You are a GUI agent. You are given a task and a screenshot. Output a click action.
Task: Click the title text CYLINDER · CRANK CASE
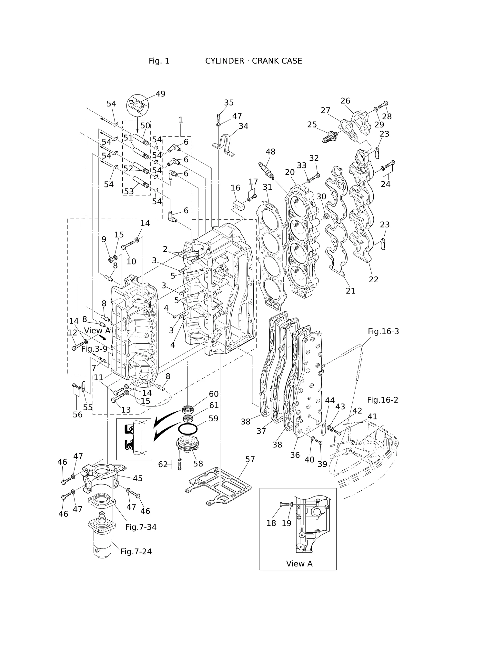tap(254, 61)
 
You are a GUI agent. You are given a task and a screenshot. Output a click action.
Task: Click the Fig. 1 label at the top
tap(159, 61)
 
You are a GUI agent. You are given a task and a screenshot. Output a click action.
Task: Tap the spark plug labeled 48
tap(267, 170)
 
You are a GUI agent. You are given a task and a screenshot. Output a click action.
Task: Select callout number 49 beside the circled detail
tap(160, 94)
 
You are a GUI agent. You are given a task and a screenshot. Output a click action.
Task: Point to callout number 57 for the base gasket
tap(250, 459)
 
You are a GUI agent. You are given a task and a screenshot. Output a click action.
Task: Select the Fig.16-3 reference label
tap(383, 332)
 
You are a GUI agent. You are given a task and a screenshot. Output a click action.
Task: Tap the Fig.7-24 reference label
tap(136, 552)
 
